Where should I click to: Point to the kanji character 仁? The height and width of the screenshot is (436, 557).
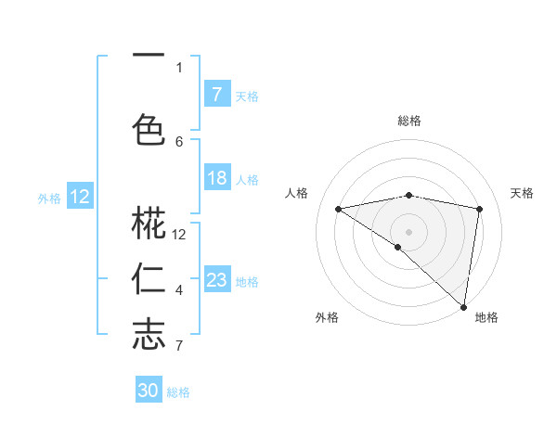(x=149, y=279)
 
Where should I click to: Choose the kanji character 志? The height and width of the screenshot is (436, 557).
(x=149, y=335)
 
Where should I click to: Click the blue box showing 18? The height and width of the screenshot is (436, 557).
(x=216, y=178)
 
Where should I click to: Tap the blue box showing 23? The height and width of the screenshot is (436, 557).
(x=216, y=280)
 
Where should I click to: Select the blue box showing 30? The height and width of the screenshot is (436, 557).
(x=149, y=391)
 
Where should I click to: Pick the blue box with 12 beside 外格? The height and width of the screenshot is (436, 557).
(x=80, y=197)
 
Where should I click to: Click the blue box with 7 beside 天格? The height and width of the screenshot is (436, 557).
(x=216, y=95)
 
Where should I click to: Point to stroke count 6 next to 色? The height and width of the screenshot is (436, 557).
(x=179, y=141)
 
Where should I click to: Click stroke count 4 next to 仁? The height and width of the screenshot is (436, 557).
(x=179, y=290)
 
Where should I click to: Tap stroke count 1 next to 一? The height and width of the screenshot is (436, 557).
(x=179, y=67)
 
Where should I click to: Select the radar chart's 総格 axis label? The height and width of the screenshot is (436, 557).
(x=408, y=121)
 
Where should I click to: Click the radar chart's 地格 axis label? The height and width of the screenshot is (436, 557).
(x=486, y=317)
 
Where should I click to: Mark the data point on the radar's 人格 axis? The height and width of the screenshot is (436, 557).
(x=339, y=209)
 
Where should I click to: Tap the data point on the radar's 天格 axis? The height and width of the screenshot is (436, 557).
(x=479, y=209)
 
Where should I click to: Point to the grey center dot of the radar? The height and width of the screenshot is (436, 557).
(x=408, y=231)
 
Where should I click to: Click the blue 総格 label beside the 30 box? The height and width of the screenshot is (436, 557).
(x=178, y=392)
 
